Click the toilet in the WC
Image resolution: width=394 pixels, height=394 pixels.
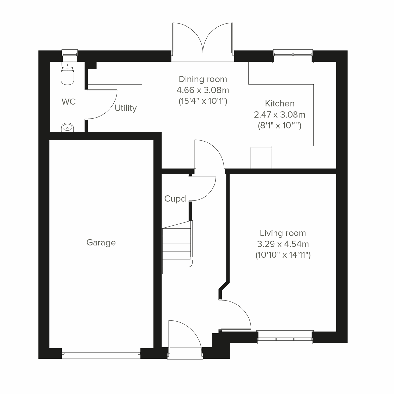[x=68, y=74]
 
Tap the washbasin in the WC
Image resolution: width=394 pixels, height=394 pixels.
[x=68, y=127]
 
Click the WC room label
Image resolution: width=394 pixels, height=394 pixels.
[x=68, y=102]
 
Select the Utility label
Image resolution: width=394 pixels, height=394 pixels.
[x=125, y=108]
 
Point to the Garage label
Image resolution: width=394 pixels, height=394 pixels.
[x=101, y=243]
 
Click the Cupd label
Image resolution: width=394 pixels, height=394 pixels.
[x=175, y=199]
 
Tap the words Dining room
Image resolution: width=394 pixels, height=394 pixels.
[x=203, y=79]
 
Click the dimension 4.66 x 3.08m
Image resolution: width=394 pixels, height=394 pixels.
[x=203, y=90]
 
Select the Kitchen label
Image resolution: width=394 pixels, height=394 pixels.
[x=279, y=103]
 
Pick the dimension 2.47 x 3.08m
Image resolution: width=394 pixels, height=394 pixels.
[x=279, y=115]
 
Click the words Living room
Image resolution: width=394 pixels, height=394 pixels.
[x=283, y=233]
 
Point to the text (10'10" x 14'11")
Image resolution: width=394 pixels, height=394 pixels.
[x=283, y=255]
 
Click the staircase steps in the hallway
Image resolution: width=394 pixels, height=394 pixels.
[x=177, y=246]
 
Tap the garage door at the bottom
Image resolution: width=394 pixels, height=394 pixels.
[x=101, y=353]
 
